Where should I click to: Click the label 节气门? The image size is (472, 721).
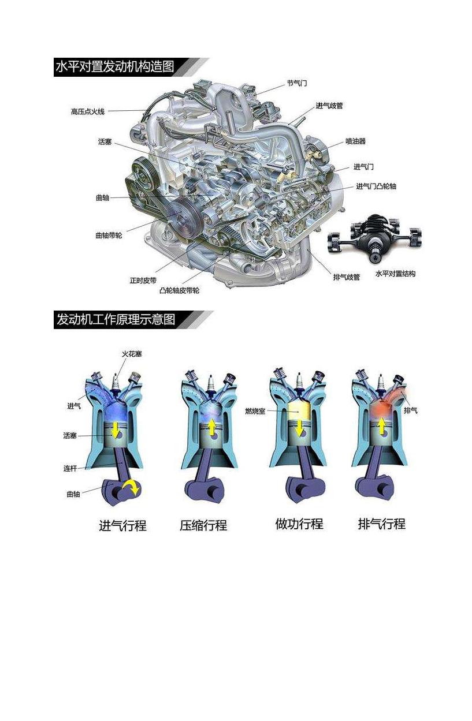[x=297, y=83]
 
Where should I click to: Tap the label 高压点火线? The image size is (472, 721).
[x=88, y=111]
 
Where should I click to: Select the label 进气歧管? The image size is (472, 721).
[x=329, y=106]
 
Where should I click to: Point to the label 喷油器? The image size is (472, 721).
[x=355, y=141]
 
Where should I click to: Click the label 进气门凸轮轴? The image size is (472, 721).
[x=376, y=186]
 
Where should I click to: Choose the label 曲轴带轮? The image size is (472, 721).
[x=109, y=236]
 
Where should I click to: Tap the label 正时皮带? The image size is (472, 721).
[x=143, y=281]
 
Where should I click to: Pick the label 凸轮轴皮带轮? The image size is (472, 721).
[x=180, y=291]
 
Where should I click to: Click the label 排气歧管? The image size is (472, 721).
[x=347, y=277]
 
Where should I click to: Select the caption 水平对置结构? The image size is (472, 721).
[x=395, y=274]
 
